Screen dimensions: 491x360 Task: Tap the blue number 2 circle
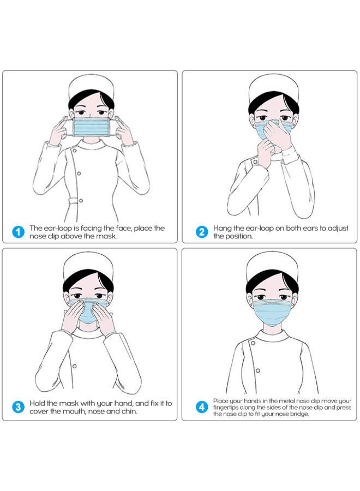[x=202, y=232]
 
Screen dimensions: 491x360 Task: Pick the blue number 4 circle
[x=202, y=407]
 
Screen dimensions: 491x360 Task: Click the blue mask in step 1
[x=91, y=128]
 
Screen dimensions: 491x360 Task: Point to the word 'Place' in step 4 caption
[x=221, y=400]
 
